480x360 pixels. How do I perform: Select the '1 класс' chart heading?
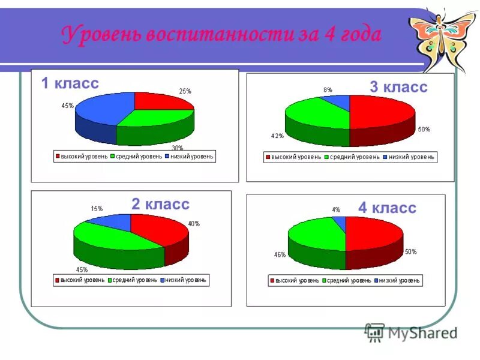coord(70,83)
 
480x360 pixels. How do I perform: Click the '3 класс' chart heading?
coord(398,87)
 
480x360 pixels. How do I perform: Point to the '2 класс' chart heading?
coord(160,204)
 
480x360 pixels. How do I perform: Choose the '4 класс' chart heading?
coord(387,208)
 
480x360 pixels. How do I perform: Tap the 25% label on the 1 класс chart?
coord(185,91)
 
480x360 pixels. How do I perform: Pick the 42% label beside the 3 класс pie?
coord(277,136)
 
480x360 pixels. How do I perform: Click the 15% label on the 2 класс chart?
coord(96,209)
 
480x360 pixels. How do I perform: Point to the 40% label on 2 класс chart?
coord(194,224)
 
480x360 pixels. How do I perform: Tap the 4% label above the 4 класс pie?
coord(336,210)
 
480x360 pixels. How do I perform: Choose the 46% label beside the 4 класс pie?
coord(280,254)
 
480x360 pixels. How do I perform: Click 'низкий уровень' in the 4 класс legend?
coord(400,280)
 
